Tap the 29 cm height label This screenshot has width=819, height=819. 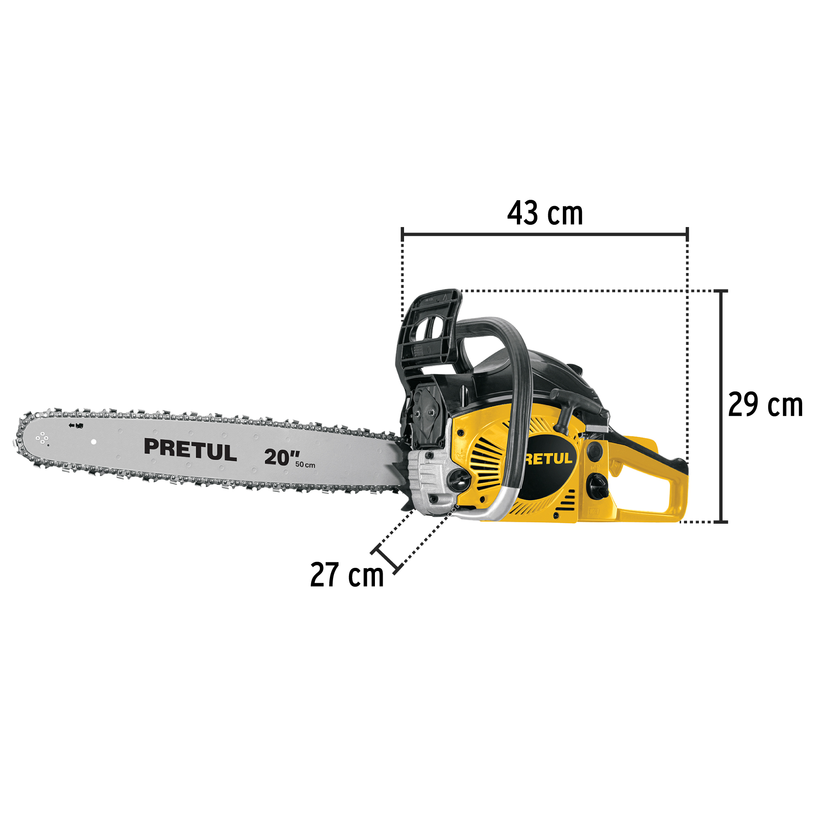pos(765,404)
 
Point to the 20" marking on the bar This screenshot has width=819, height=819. pos(282,457)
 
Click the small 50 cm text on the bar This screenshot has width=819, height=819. pos(305,465)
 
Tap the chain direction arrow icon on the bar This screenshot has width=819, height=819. pos(76,425)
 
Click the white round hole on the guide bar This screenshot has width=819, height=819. pos(94,442)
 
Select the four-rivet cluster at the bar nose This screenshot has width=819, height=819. pos(42,438)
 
